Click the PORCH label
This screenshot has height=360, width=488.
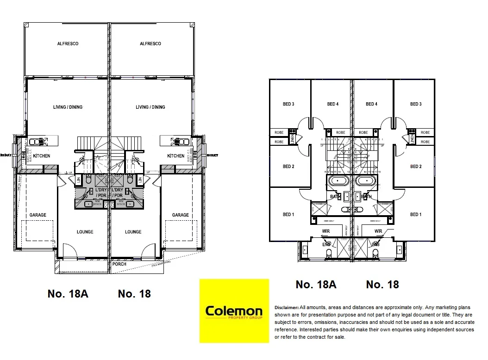click(119, 264)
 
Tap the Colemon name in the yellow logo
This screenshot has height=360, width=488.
click(234, 310)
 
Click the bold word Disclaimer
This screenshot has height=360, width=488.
click(287, 307)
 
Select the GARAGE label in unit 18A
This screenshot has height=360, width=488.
click(38, 215)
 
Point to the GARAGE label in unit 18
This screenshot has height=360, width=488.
click(180, 215)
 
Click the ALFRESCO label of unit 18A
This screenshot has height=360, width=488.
click(68, 43)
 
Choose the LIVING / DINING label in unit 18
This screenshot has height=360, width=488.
click(150, 107)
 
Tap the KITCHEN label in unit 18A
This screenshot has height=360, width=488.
click(41, 156)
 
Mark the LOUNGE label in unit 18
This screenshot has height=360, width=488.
click(133, 232)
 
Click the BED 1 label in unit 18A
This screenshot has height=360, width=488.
click(288, 214)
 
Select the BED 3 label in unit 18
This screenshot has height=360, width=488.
click(416, 104)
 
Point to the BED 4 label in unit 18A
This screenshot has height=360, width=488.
click(332, 104)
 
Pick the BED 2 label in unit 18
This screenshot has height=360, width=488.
click(416, 167)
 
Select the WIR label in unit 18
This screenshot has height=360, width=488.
click(378, 231)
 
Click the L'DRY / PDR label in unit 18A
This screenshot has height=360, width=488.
click(101, 193)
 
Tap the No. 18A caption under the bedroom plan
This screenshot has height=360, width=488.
click(316, 285)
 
